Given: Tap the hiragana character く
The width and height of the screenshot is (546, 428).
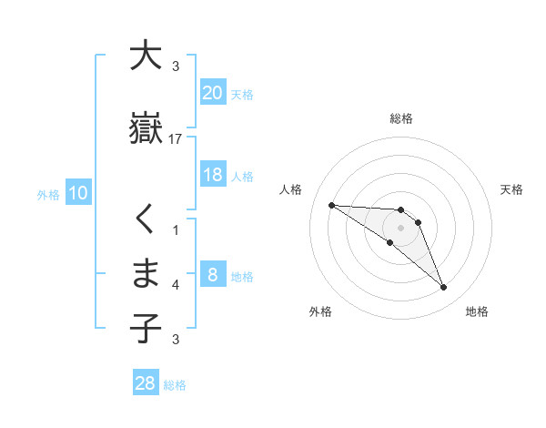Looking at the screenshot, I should pyautogui.click(x=145, y=219).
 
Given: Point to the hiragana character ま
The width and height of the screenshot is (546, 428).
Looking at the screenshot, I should pyautogui.click(x=146, y=274).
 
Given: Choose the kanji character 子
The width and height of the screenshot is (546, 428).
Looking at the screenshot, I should pyautogui.click(x=146, y=329).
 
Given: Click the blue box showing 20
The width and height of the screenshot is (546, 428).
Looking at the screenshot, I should pyautogui.click(x=213, y=92).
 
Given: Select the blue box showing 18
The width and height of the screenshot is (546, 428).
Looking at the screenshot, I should pyautogui.click(x=213, y=175).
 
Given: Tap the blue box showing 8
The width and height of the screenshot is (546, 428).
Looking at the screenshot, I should pyautogui.click(x=213, y=275).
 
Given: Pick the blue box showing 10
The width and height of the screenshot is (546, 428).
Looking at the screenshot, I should pyautogui.click(x=77, y=193).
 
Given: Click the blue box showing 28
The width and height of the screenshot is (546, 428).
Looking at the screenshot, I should pyautogui.click(x=146, y=383).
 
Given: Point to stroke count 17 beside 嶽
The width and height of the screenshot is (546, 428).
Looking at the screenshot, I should pyautogui.click(x=176, y=139).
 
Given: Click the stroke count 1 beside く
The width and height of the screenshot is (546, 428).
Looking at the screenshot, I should pyautogui.click(x=176, y=229).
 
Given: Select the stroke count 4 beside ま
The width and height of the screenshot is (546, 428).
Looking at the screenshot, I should pyautogui.click(x=176, y=285).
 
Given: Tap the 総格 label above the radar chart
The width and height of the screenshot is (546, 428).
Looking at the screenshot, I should pyautogui.click(x=401, y=118).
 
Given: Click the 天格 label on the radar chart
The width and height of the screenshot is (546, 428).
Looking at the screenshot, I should pyautogui.click(x=512, y=189).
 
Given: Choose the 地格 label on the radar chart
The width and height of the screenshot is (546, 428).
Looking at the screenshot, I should pyautogui.click(x=477, y=311).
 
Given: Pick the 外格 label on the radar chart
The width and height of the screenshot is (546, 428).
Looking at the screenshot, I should pyautogui.click(x=320, y=311).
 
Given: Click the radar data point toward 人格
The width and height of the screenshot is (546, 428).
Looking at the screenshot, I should pyautogui.click(x=331, y=205).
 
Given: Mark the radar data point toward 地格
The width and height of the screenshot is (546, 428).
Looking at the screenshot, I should pyautogui.click(x=444, y=288).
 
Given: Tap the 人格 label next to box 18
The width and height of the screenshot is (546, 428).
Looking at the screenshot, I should pyautogui.click(x=242, y=176).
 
